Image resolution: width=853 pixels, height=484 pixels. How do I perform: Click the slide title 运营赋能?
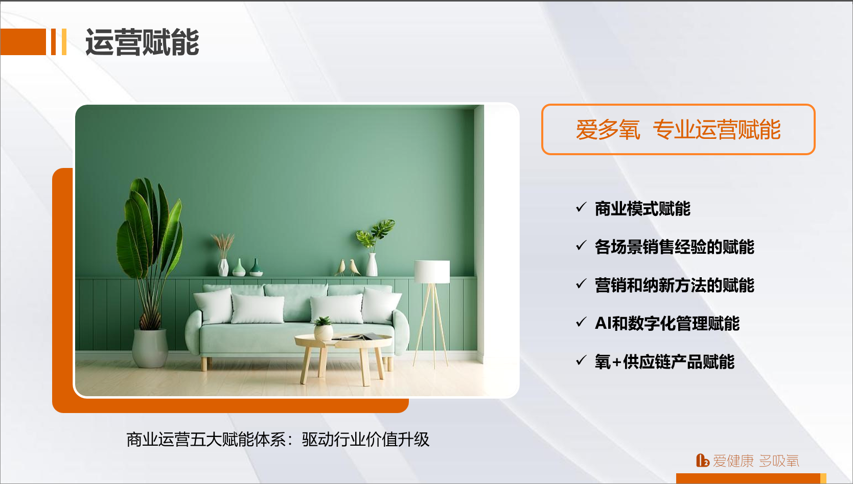tap(142, 42)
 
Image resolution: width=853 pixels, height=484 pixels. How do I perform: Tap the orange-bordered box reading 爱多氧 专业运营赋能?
tap(678, 129)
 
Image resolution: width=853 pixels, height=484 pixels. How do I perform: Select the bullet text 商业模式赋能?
tap(642, 208)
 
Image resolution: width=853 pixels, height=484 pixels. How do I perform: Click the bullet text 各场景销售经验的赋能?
tap(675, 247)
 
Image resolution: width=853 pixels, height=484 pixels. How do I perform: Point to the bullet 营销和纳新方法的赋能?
tap(675, 285)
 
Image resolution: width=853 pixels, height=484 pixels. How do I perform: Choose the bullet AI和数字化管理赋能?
tap(667, 323)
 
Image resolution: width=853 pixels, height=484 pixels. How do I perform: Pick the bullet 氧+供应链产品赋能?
tap(664, 361)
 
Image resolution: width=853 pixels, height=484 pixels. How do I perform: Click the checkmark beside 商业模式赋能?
tap(581, 207)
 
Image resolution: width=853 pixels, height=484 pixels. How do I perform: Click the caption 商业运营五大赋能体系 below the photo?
tap(206, 440)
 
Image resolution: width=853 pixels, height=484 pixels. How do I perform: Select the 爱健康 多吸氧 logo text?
tap(748, 461)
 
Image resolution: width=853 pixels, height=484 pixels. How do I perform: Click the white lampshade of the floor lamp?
tap(432, 272)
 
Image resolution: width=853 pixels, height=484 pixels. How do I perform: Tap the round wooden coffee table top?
tap(343, 341)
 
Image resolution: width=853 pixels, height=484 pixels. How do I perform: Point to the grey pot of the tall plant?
tap(150, 348)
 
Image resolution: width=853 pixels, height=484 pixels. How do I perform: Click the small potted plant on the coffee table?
tap(324, 328)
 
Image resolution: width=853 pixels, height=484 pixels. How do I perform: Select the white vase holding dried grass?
tap(223, 268)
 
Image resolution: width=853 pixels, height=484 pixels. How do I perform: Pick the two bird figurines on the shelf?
tap(348, 268)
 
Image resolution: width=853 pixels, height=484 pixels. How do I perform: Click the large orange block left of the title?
tap(23, 42)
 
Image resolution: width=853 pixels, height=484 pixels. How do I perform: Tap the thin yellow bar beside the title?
tap(64, 42)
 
